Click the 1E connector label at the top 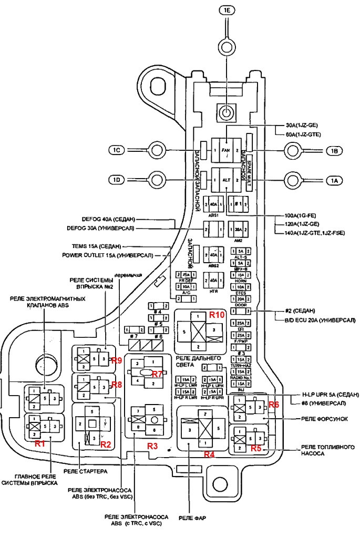point(226,10)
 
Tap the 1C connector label point(117,151)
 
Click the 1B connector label point(334,151)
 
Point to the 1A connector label point(334,180)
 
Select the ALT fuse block point(227,180)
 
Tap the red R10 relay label point(217,315)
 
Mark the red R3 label point(152,446)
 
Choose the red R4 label point(209,453)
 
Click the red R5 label point(256,449)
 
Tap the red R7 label point(157,374)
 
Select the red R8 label point(117,385)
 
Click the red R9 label point(117,360)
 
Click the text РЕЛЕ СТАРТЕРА point(86,471)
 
